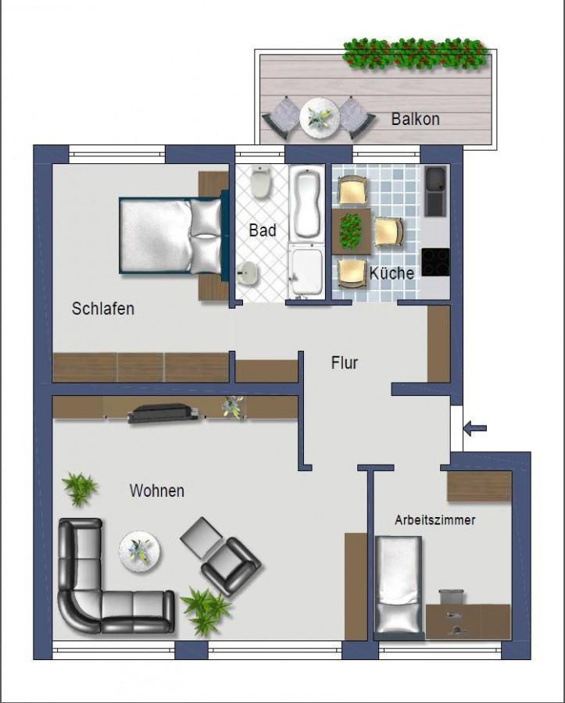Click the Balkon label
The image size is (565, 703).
pos(415,119)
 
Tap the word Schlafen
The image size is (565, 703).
pos(102,309)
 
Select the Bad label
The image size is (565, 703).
pos(263,230)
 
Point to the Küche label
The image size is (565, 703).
pos(392,273)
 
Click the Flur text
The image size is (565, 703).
pos(345,362)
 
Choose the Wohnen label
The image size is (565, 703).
pos(157,491)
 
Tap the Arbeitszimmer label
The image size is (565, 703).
pos(435,520)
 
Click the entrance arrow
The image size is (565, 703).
pos(475,428)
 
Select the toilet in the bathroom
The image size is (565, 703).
pos(260,182)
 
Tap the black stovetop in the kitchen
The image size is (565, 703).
pos(435,262)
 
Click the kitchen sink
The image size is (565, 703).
pos(435,191)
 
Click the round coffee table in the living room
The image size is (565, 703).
pos(140,551)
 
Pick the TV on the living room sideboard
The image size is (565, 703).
pos(163,413)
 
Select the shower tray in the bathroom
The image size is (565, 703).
pos(306,271)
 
